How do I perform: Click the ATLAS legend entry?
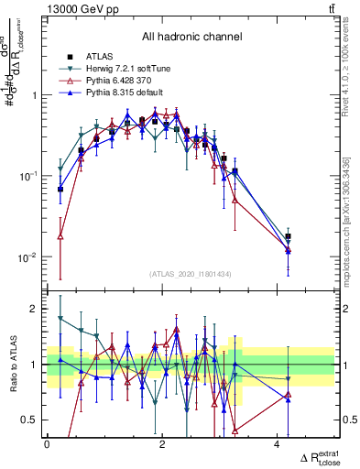pos(100,56)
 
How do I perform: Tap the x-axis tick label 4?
pos(278,444)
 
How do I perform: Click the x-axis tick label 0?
pos(47,444)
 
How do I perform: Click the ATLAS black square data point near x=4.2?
pos(289,236)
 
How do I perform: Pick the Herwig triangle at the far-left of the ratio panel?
pos(60,318)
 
